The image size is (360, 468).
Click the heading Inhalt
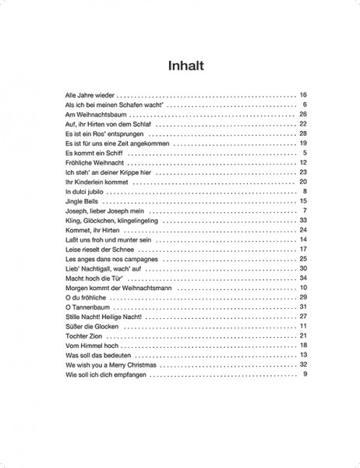(x=179, y=66)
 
